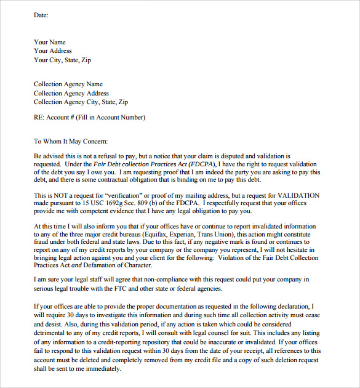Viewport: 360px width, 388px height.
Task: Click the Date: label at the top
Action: (x=41, y=15)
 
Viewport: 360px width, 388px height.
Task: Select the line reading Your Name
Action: (x=50, y=42)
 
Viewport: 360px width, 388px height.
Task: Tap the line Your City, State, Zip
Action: (x=62, y=60)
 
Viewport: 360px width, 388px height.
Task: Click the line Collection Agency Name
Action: (x=68, y=84)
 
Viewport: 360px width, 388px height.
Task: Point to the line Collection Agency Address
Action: (x=71, y=93)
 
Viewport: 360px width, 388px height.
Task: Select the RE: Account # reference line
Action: (x=90, y=117)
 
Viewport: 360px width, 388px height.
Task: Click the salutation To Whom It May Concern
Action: (x=71, y=141)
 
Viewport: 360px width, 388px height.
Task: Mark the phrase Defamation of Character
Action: (x=118, y=265)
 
